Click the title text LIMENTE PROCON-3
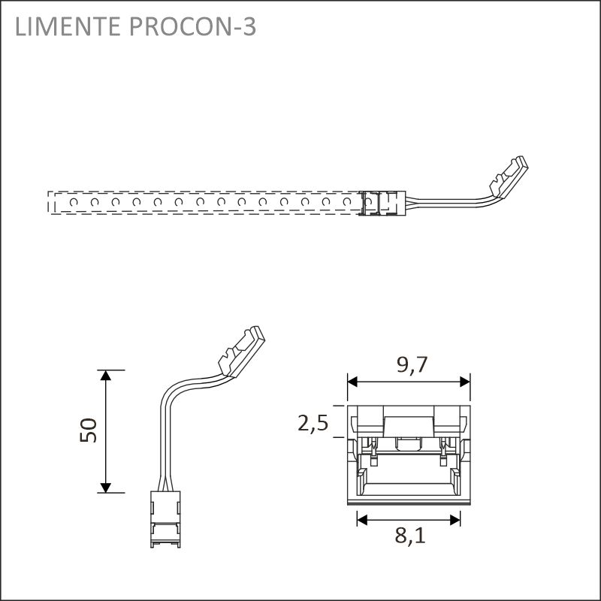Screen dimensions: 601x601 coord(135,26)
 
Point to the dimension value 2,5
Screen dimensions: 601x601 coord(313,424)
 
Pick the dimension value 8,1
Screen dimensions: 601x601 coord(409,538)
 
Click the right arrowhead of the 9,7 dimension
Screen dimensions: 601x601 coord(465,382)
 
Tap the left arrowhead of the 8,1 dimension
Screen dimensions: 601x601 coord(361,518)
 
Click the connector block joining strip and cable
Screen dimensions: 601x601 coord(382,203)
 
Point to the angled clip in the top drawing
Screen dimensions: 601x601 coord(509,174)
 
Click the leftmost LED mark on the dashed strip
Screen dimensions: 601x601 coord(74,203)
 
